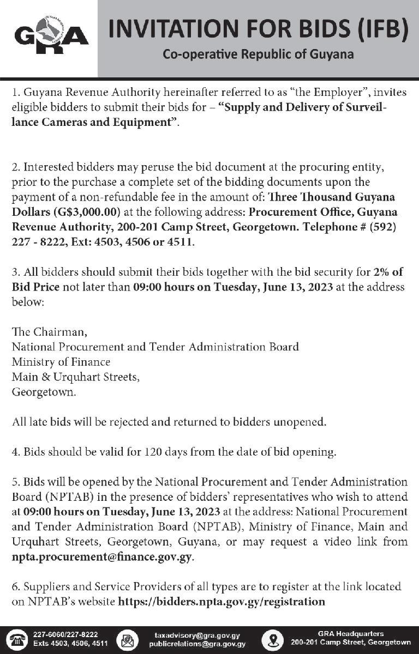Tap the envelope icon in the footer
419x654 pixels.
point(127,639)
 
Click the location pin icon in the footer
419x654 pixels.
point(272,639)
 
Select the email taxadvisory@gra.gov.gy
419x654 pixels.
point(197,635)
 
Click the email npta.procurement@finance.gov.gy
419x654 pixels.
point(102,558)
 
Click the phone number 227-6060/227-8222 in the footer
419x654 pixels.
point(65,635)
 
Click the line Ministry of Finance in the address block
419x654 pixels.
point(61,361)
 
